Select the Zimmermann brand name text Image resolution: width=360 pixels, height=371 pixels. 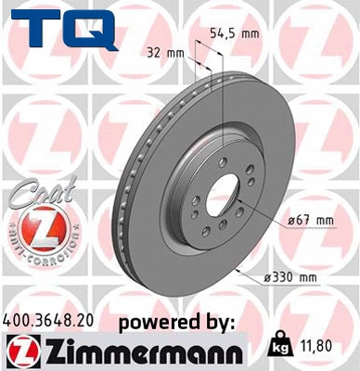138,352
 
